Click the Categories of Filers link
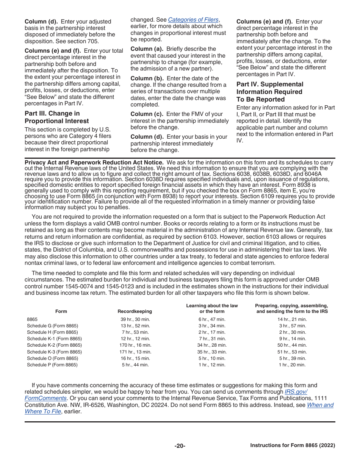tap(193, 20)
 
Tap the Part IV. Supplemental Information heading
tap(270, 92)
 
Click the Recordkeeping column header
tap(135, 311)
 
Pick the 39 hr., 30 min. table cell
tap(135, 319)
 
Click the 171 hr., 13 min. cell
tap(135, 352)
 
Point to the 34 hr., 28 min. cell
tap(212, 345)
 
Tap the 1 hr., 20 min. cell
tap(292, 365)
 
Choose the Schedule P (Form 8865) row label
tap(52, 365)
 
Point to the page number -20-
tap(180, 446)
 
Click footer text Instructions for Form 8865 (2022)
tap(293, 446)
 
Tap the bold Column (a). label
tap(147, 49)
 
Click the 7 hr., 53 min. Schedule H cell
tap(135, 332)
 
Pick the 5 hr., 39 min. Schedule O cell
tap(292, 358)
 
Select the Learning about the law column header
tap(212, 308)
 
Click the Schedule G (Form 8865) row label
tap(52, 326)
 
